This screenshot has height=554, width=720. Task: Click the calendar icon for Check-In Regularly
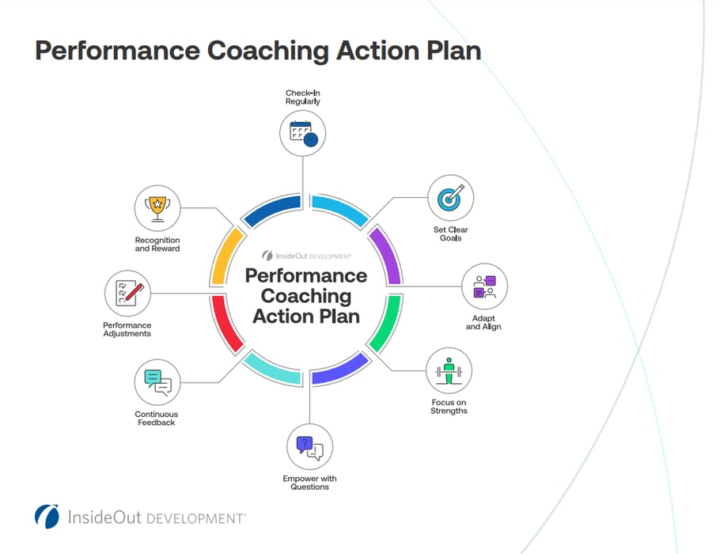303,132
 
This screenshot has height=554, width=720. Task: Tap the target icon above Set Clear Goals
450,198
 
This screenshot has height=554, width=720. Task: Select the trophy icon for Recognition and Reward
157,208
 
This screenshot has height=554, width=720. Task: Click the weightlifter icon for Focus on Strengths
449,370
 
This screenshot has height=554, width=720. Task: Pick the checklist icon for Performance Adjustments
128,293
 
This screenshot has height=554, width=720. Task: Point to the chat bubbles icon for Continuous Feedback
157,382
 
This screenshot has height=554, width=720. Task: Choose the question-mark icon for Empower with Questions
309,448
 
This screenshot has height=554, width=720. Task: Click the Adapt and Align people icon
484,286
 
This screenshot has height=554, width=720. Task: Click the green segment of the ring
387,325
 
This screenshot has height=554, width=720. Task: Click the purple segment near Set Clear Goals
387,255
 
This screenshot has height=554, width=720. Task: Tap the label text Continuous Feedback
156,419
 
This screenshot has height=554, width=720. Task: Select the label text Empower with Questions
309,483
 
